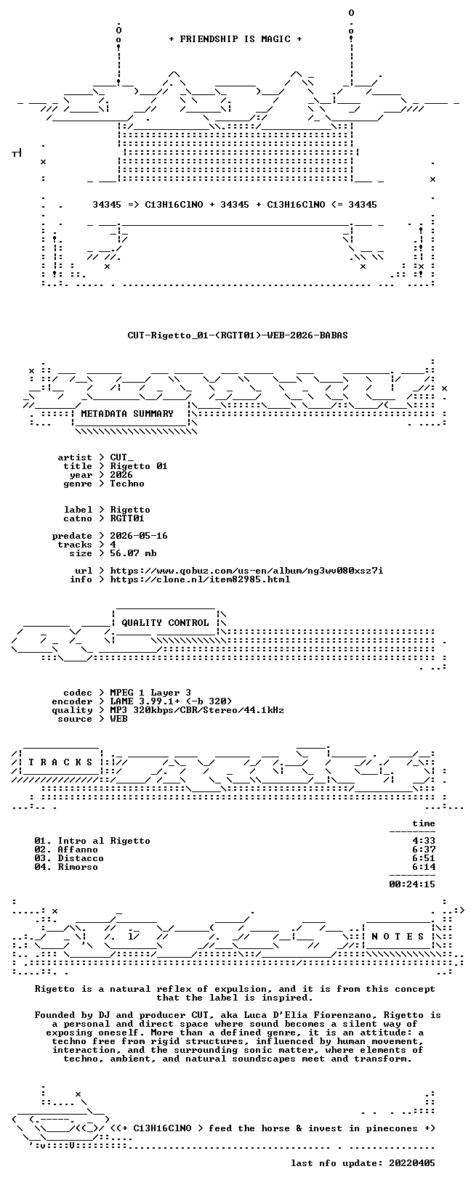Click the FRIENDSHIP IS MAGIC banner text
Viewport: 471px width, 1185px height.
pyautogui.click(x=235, y=38)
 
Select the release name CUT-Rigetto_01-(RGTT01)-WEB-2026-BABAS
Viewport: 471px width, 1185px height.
pyautogui.click(x=238, y=335)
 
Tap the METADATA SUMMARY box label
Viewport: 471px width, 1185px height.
pyautogui.click(x=127, y=414)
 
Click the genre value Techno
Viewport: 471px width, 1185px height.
pyautogui.click(x=127, y=484)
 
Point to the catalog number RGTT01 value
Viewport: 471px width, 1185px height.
pyautogui.click(x=127, y=518)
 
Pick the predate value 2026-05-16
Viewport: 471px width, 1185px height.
pyautogui.click(x=139, y=536)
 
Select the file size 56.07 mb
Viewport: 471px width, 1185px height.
pyautogui.click(x=133, y=553)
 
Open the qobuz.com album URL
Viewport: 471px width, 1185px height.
pyautogui.click(x=246, y=571)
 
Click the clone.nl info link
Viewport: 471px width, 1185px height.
pyautogui.click(x=200, y=579)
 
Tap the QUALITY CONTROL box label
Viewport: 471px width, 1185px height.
pyautogui.click(x=165, y=623)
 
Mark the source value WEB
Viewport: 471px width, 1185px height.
pyautogui.click(x=118, y=719)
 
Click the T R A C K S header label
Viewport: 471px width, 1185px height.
pyautogui.click(x=61, y=762)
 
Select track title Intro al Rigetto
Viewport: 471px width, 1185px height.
pyautogui.click(x=104, y=841)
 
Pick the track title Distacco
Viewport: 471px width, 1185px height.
pyautogui.click(x=81, y=858)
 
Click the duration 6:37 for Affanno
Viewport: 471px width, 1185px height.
pyautogui.click(x=424, y=850)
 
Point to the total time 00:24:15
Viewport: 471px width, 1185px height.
pyautogui.click(x=412, y=884)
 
